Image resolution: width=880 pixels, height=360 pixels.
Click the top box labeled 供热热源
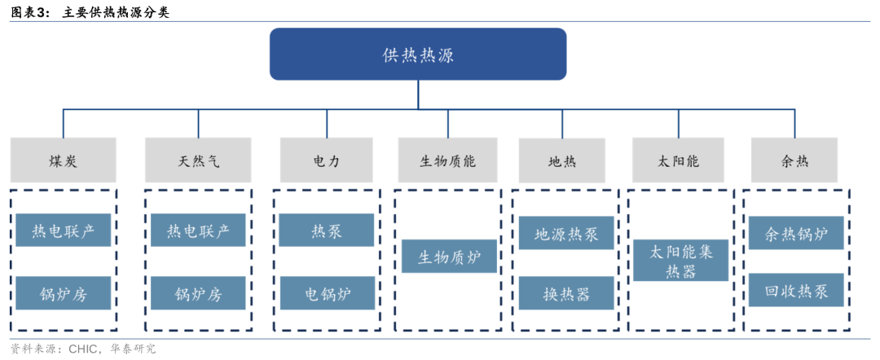pos(418,55)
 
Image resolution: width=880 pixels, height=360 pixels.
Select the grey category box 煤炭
pos(63,160)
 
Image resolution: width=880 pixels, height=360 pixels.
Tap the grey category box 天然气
pos(198,160)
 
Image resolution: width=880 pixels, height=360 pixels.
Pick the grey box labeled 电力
pos(326,160)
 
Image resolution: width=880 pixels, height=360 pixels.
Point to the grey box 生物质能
pos(447,160)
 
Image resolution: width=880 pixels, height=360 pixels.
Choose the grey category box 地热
pos(561,160)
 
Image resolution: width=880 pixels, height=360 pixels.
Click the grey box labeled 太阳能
pos(678,160)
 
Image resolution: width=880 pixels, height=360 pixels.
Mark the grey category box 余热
pos(794,160)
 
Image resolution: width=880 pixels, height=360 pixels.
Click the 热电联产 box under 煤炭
pos(63,230)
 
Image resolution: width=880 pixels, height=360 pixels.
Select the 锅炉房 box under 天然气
pos(198,293)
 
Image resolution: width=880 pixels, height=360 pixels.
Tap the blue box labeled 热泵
pos(326,230)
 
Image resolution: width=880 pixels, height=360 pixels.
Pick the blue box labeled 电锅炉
pos(326,293)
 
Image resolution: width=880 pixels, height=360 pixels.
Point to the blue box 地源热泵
pos(566,234)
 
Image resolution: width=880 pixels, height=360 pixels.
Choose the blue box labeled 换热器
pos(566,293)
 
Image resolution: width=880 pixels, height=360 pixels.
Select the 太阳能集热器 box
pos(681,261)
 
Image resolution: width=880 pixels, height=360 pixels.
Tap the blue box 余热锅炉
pos(796,234)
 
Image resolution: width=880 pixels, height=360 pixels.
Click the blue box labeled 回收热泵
pos(796,291)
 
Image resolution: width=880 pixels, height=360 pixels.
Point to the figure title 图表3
pos(30,12)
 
